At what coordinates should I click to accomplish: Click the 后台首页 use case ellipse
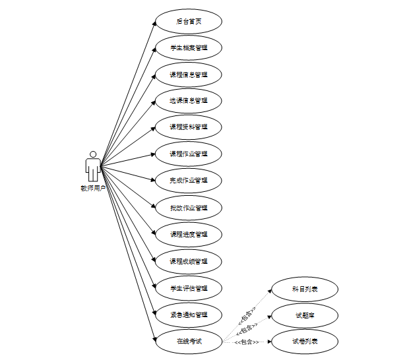pyautogui.click(x=188, y=21)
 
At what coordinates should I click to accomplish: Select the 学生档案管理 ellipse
pyautogui.click(x=188, y=47)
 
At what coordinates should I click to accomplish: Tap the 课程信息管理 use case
pyautogui.click(x=188, y=75)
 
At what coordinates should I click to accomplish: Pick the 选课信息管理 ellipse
pyautogui.click(x=188, y=101)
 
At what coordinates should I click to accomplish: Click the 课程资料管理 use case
pyautogui.click(x=188, y=127)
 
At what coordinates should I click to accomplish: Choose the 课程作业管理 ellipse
pyautogui.click(x=188, y=154)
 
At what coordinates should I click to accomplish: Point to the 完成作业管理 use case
pyautogui.click(x=188, y=181)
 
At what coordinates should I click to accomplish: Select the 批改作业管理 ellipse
pyautogui.click(x=188, y=208)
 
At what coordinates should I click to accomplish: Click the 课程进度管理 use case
pyautogui.click(x=188, y=234)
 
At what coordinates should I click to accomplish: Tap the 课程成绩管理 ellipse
pyautogui.click(x=188, y=261)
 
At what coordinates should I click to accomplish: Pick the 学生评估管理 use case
pyautogui.click(x=188, y=288)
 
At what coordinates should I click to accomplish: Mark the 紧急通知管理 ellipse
pyautogui.click(x=188, y=315)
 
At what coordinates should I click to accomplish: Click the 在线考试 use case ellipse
pyautogui.click(x=188, y=341)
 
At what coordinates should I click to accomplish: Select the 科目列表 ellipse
pyautogui.click(x=305, y=289)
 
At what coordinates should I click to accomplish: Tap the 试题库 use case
pyautogui.click(x=305, y=315)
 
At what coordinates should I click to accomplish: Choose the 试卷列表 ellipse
pyautogui.click(x=305, y=342)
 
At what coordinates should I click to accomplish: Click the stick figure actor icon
pyautogui.click(x=93, y=166)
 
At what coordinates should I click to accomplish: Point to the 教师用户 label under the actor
pyautogui.click(x=93, y=188)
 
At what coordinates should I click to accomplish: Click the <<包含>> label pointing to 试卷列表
pyautogui.click(x=245, y=343)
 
